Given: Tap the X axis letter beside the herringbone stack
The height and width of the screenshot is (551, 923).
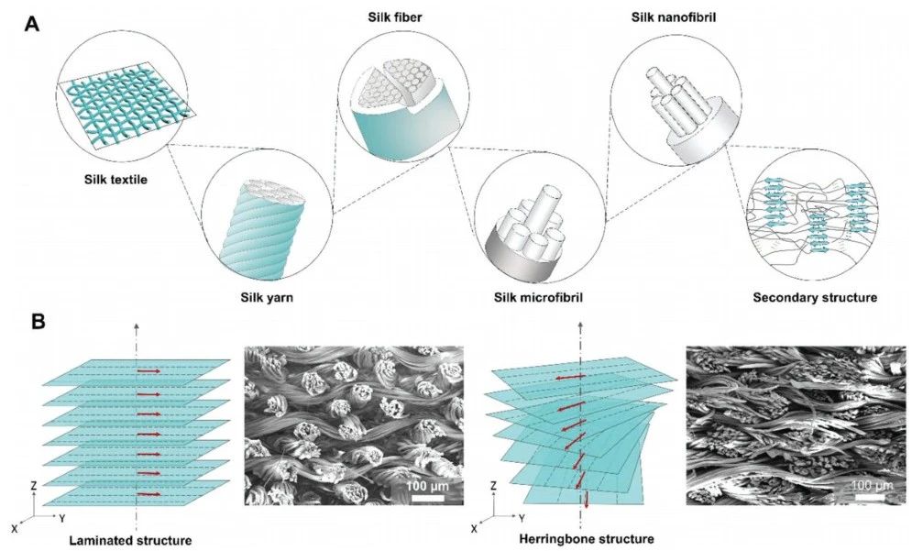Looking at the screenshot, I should [474, 530].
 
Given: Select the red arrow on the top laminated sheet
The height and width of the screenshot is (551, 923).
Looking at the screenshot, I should [148, 371].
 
